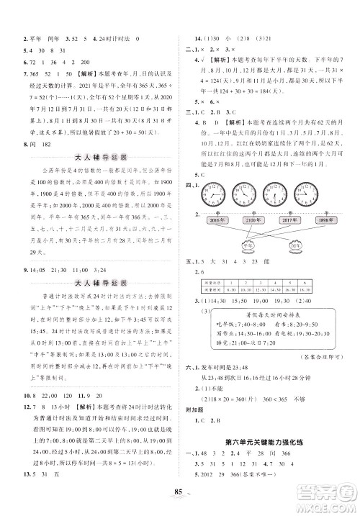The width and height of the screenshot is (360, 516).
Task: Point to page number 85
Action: pos(180,492)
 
